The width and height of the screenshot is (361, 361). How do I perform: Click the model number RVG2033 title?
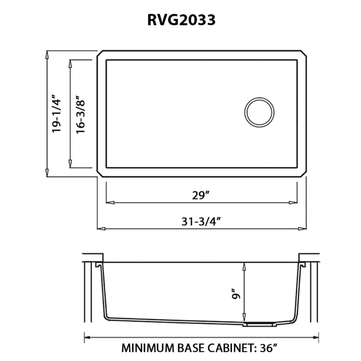click(x=181, y=20)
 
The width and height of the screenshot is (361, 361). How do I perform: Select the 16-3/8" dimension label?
click(x=81, y=114)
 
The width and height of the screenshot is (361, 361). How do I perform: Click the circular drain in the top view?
click(x=259, y=113)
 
